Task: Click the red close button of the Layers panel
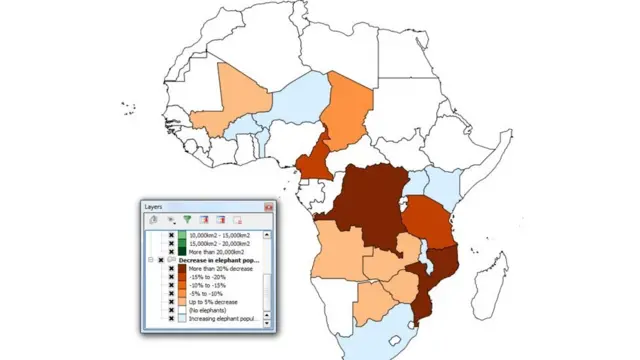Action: pyautogui.click(x=268, y=207)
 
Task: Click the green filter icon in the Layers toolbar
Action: pyautogui.click(x=186, y=219)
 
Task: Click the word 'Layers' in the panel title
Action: pyautogui.click(x=153, y=207)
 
